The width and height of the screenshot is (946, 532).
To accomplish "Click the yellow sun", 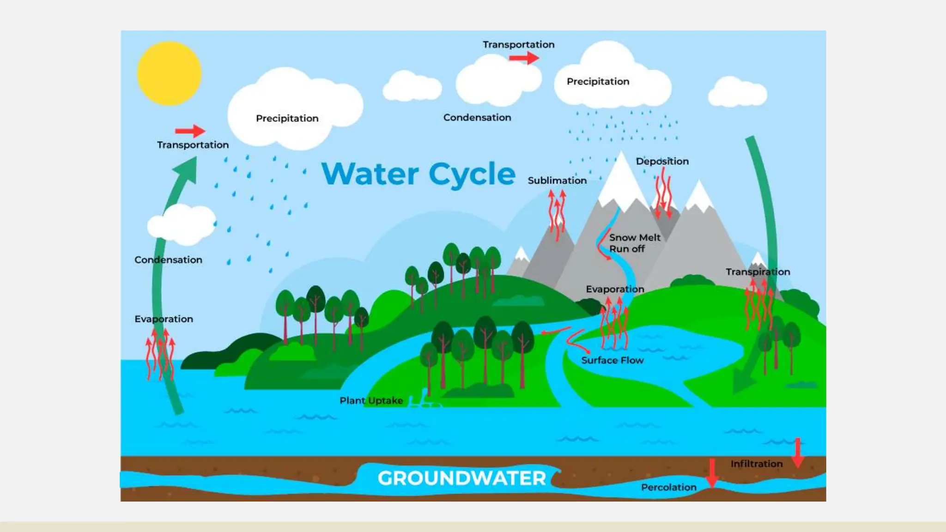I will click(169, 73).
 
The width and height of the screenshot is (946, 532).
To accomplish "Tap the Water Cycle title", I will click(418, 174).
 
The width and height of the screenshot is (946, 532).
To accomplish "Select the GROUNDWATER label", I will click(461, 478).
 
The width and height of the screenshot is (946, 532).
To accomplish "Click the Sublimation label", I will click(557, 181).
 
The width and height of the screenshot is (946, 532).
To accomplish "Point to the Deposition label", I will click(662, 161).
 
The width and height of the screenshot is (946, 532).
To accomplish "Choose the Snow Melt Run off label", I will click(634, 243).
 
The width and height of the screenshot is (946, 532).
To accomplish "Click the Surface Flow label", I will click(612, 360).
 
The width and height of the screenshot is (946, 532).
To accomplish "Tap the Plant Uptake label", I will click(371, 400).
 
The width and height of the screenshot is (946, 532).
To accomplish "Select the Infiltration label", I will click(756, 464).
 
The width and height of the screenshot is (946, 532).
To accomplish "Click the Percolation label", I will click(668, 487).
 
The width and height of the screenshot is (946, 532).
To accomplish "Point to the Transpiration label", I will click(758, 272).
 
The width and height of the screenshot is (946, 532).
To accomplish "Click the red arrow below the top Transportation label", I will click(524, 58).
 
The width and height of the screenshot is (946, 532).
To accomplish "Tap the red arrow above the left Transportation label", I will click(190, 131).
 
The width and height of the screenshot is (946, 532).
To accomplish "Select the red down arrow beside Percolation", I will click(712, 472).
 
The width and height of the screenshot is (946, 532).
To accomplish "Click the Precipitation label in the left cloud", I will click(287, 118).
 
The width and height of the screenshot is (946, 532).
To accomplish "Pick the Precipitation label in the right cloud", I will click(598, 81).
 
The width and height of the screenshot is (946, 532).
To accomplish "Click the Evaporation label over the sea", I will click(164, 319).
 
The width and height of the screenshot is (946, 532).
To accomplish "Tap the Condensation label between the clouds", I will click(477, 117).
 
